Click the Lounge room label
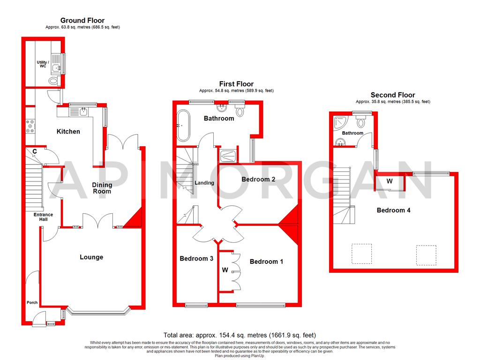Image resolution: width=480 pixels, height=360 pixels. point(91,257)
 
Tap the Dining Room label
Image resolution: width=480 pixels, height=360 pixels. point(102,188)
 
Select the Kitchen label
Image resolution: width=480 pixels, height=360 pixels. point(68,132)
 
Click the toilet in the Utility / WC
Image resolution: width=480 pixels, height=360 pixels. point(54,81)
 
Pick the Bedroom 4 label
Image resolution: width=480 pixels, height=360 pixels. point(393,210)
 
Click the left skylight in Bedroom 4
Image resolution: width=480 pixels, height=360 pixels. point(361,254)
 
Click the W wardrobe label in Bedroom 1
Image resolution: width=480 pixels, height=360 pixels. point(225,270)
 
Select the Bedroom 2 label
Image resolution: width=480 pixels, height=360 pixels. point(258,180)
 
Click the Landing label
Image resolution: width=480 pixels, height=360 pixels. point(204,183)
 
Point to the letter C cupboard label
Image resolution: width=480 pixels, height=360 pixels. point(34,151)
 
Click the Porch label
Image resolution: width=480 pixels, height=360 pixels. point(32,303)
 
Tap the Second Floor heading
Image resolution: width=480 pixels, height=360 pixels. point(392,95)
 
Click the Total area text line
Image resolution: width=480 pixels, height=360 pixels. point(240,336)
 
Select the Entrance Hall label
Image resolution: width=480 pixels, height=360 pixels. point(43,217)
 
